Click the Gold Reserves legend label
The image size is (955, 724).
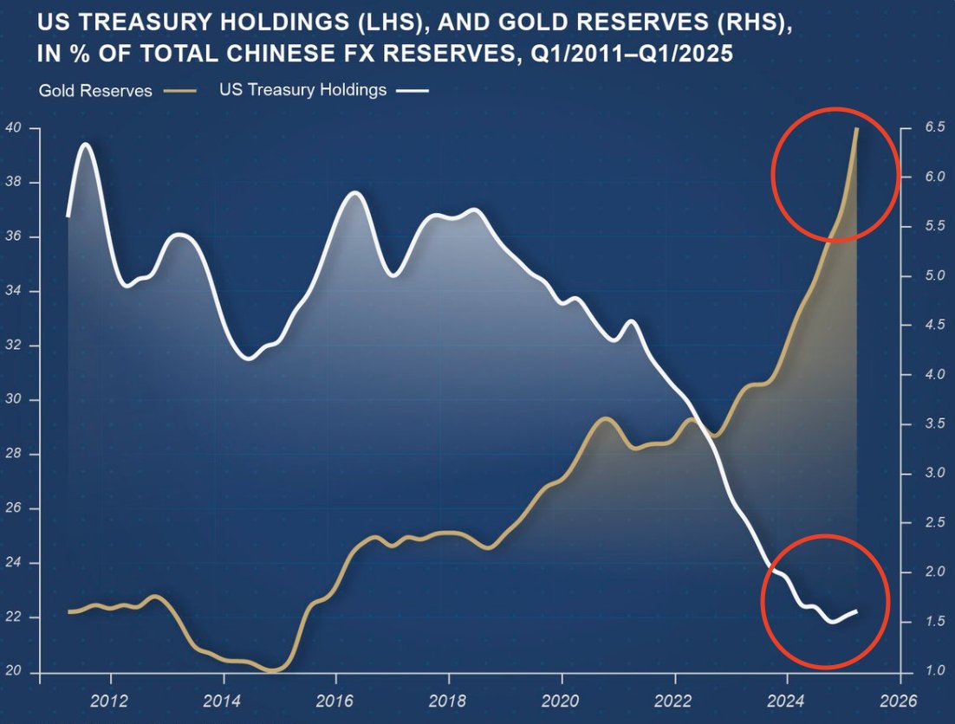tap(94, 91)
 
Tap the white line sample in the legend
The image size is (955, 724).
tap(413, 91)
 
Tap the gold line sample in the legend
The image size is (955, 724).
tap(180, 91)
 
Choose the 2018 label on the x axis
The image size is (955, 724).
tap(448, 699)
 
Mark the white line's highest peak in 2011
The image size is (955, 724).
tap(85, 145)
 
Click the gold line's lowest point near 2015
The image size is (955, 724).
tap(273, 669)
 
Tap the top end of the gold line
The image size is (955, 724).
tap(856, 129)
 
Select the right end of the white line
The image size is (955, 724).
tap(856, 611)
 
